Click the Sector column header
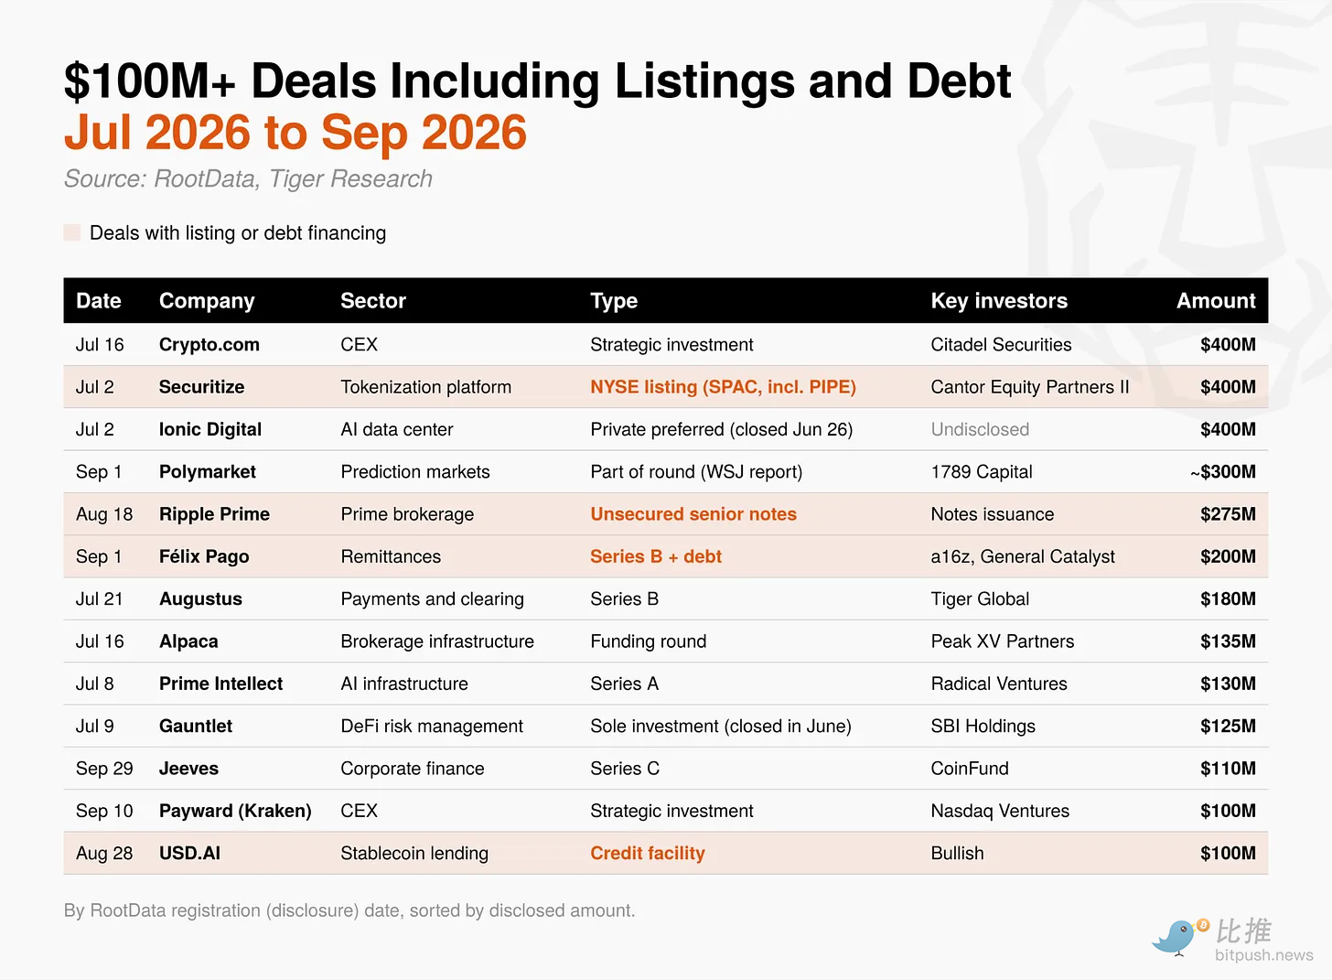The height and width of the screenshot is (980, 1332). (373, 301)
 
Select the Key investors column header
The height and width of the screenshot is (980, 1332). (999, 301)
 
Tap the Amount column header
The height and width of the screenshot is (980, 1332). (1216, 301)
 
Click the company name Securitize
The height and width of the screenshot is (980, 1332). (201, 387)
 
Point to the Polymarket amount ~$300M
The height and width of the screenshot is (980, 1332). (1223, 471)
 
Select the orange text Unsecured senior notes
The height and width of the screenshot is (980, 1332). (693, 513)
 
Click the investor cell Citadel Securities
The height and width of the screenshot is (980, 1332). (1001, 344)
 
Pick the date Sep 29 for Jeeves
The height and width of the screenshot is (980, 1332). (104, 769)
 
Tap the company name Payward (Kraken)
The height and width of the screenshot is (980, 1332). (235, 811)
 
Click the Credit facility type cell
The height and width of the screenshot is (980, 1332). (648, 854)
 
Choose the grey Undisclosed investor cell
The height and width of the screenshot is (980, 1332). (980, 429)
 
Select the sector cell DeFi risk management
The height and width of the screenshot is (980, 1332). (432, 727)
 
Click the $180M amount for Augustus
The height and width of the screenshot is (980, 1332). (1228, 598)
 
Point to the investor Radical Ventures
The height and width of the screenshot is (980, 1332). (999, 684)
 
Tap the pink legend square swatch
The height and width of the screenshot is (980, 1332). (72, 232)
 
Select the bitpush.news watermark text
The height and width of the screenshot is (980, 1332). (1263, 955)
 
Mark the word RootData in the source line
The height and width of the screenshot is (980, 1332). (205, 178)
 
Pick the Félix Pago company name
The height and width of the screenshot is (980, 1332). (204, 556)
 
